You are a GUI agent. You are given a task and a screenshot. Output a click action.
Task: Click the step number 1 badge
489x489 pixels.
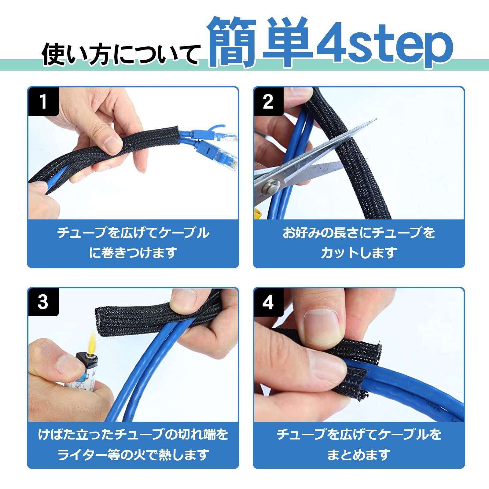coord(43,102)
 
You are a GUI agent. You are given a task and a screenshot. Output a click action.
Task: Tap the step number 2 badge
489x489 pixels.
coord(268,102)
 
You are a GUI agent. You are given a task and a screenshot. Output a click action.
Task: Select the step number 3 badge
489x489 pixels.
coord(43,302)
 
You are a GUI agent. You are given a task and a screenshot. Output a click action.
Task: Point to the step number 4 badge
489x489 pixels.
coord(268,302)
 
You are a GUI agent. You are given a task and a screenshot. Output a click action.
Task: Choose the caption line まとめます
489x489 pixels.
coord(359,454)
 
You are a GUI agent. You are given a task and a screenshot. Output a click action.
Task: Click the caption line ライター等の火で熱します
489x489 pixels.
coord(133,454)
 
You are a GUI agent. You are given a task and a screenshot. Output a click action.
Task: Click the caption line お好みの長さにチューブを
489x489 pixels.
coord(359,233)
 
